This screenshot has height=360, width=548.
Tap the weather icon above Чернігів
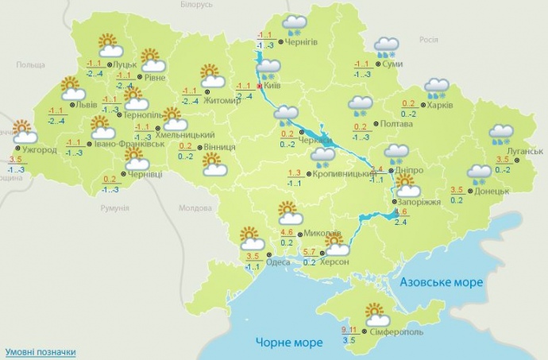click(295, 25)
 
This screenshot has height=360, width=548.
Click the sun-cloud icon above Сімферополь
click(373, 313)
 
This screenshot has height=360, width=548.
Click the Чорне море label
click(289, 343)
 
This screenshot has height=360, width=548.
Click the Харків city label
click(441, 103)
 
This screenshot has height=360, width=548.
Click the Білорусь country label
click(197, 5)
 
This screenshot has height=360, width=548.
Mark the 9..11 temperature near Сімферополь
click(349, 330)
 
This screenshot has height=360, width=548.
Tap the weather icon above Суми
click(387, 47)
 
